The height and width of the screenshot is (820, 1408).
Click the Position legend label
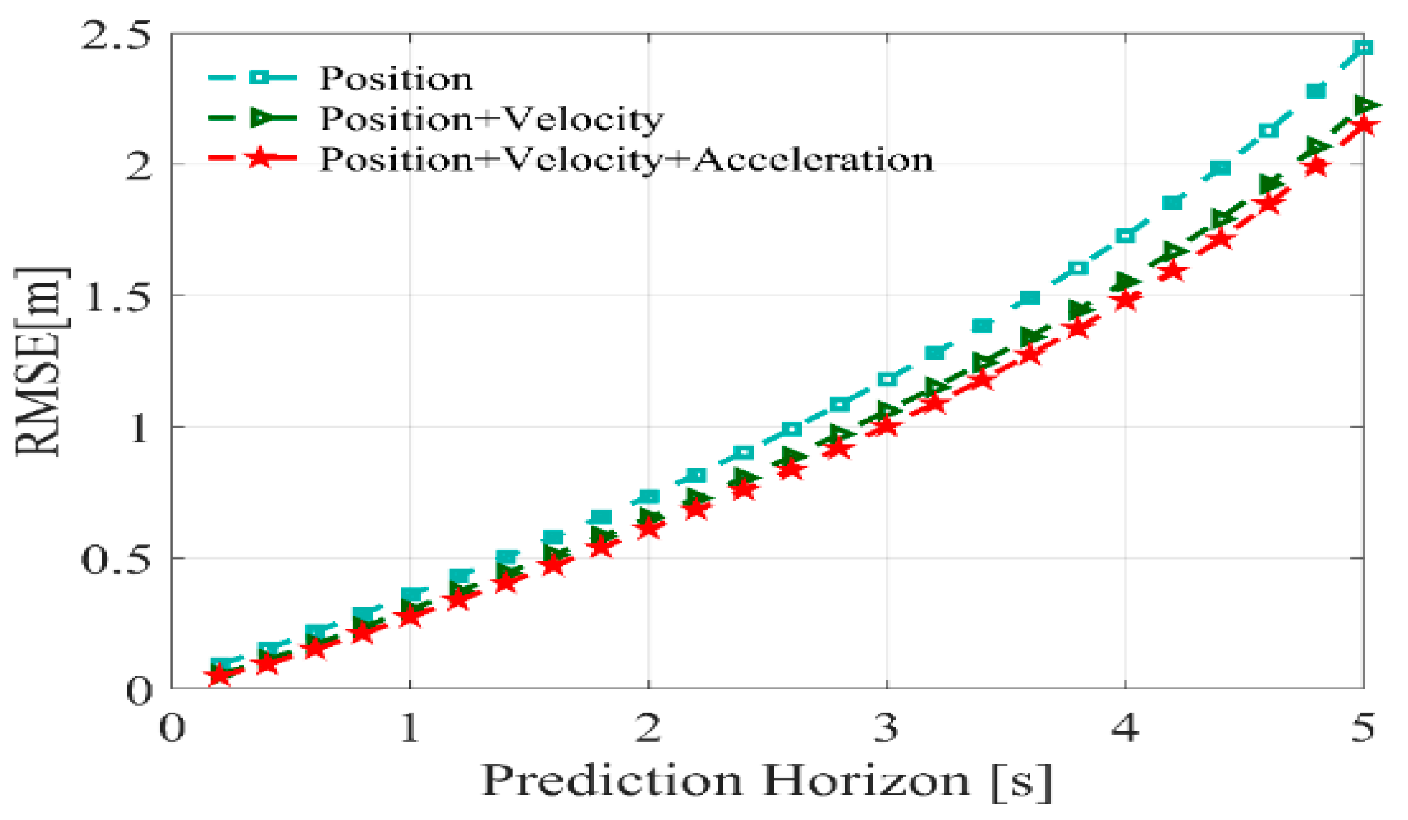pyautogui.click(x=396, y=78)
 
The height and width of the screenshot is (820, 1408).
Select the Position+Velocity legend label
pyautogui.click(x=492, y=119)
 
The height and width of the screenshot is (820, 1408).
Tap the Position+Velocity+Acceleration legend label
pyautogui.click(x=626, y=160)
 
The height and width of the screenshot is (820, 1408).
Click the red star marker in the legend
pyautogui.click(x=259, y=158)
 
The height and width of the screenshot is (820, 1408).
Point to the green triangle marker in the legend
pyautogui.click(x=261, y=118)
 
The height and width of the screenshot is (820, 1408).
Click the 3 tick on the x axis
pyautogui.click(x=886, y=728)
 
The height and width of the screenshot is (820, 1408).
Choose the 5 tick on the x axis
pyautogui.click(x=1363, y=728)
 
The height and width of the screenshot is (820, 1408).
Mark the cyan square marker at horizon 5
pyautogui.click(x=1363, y=48)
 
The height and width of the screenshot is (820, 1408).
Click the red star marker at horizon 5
pyautogui.click(x=1363, y=125)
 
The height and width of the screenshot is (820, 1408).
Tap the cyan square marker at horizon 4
pyautogui.click(x=1125, y=236)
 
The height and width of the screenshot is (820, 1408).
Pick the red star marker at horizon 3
pyautogui.click(x=886, y=427)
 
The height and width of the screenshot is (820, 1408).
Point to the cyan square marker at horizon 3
pyautogui.click(x=887, y=379)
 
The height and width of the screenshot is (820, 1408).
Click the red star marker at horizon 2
pyautogui.click(x=648, y=528)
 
